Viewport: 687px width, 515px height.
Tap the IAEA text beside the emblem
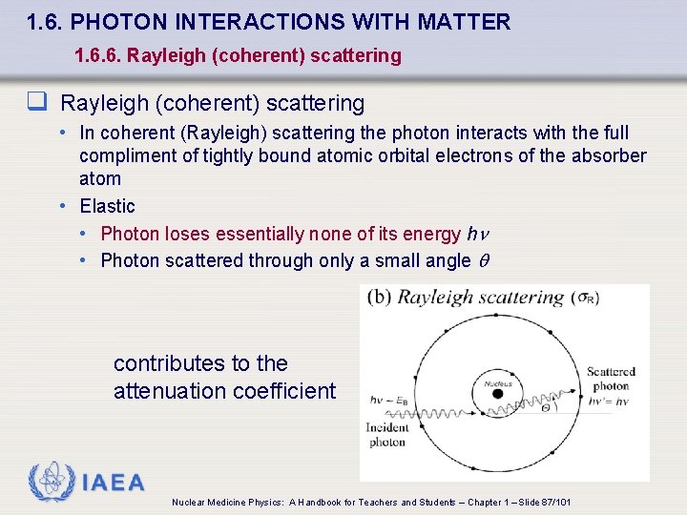(114, 483)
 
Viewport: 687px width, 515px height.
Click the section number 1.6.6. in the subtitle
(97, 55)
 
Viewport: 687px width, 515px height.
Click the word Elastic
(107, 206)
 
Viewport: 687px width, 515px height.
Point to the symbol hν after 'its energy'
(477, 234)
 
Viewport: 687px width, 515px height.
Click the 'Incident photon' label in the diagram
(387, 435)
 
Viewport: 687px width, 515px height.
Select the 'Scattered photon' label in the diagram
(611, 379)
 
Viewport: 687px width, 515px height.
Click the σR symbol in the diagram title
(587, 298)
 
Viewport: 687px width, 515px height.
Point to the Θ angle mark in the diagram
(546, 405)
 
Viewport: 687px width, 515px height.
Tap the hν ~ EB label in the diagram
(388, 400)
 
